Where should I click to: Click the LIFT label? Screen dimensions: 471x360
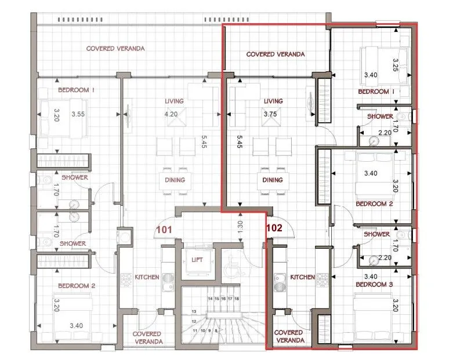click(x=197, y=260)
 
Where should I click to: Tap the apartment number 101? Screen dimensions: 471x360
click(x=164, y=230)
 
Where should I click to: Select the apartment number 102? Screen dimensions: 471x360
click(x=274, y=228)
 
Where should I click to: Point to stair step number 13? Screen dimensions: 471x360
click(x=194, y=311)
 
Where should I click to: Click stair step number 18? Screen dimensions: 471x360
click(x=237, y=299)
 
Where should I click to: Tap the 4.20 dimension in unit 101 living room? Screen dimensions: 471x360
click(x=171, y=114)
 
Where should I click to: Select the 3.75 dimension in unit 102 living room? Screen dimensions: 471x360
click(x=270, y=114)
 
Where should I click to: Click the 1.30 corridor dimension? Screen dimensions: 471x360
click(x=240, y=227)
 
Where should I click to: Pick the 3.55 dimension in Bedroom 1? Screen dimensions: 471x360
click(x=78, y=114)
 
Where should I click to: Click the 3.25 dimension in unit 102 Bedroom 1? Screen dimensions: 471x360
click(x=396, y=65)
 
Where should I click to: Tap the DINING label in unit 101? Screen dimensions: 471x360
click(x=175, y=180)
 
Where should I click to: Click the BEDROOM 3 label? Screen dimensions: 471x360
click(x=374, y=284)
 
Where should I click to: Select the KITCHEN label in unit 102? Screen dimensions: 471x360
click(x=302, y=277)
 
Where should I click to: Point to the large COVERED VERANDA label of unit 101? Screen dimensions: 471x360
click(x=115, y=49)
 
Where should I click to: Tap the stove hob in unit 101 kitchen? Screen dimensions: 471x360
click(x=126, y=280)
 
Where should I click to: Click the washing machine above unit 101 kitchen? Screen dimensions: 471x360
click(x=125, y=236)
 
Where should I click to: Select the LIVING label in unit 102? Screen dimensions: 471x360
click(x=273, y=101)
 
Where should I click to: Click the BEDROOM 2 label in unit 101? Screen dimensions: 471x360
click(x=77, y=286)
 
